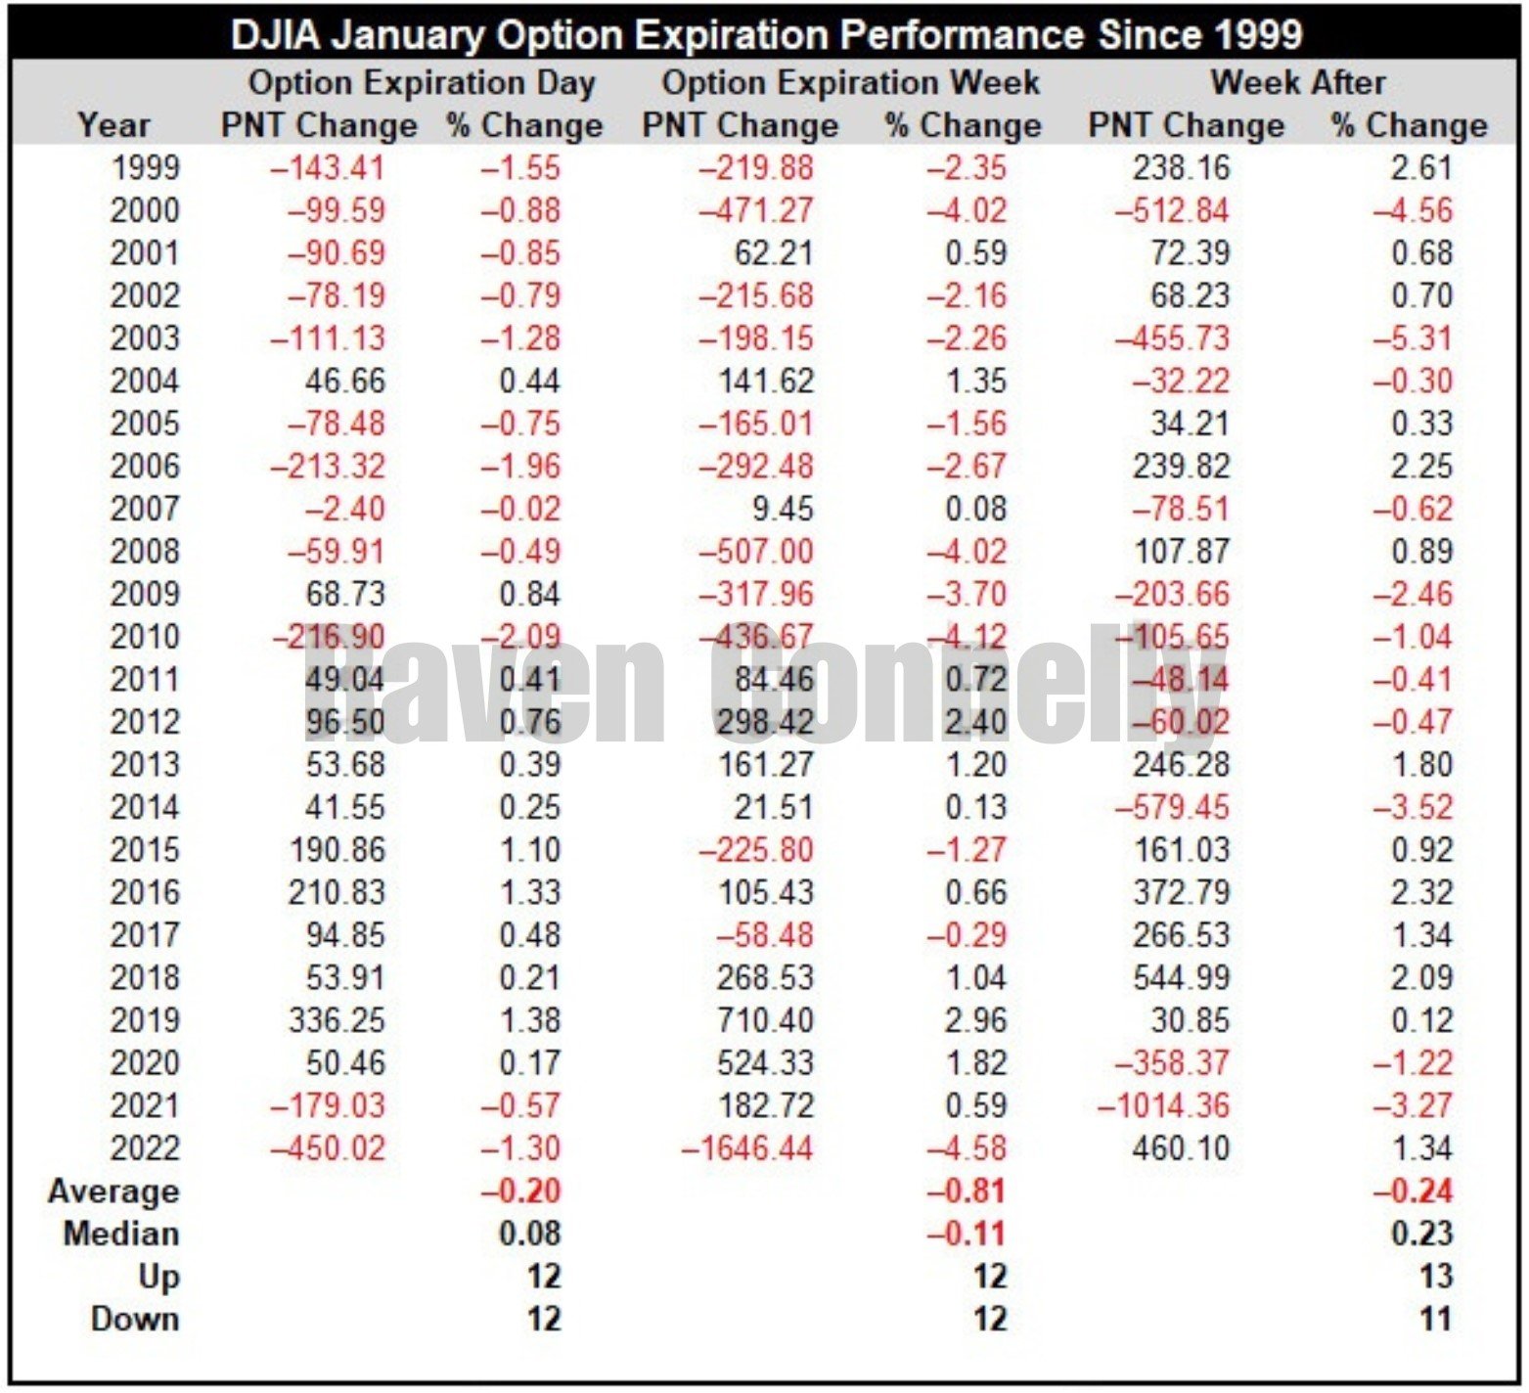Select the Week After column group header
click(1297, 82)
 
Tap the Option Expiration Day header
click(422, 82)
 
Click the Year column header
click(113, 125)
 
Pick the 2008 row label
click(145, 552)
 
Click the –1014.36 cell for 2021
click(1163, 1105)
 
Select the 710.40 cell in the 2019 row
click(765, 1020)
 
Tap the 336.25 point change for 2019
click(337, 1020)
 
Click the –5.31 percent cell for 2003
click(1413, 338)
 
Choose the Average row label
click(113, 1191)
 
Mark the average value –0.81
click(967, 1191)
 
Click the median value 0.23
click(1421, 1235)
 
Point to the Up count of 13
click(1435, 1277)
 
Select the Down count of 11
click(1435, 1320)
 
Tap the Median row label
click(121, 1235)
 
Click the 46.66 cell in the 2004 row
click(344, 382)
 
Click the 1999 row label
click(145, 168)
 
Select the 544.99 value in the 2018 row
click(1181, 978)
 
